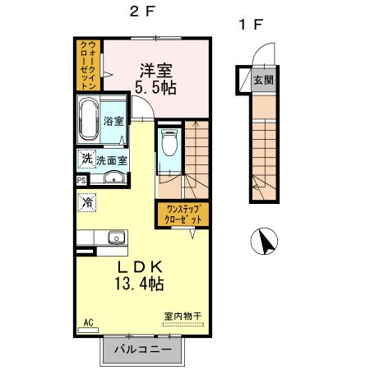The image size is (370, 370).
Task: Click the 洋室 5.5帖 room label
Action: click(x=155, y=79)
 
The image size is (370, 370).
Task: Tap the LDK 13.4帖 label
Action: click(x=139, y=275)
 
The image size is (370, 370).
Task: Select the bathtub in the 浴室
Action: click(x=88, y=119)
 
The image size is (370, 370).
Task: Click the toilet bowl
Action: click(x=169, y=143)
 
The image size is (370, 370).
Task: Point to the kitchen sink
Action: click(x=117, y=238)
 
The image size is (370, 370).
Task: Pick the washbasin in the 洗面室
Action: click(x=114, y=177)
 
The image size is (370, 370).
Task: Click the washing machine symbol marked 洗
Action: click(x=87, y=159)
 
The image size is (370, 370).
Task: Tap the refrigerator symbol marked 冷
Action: click(x=87, y=202)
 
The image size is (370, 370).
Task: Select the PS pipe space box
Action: click(x=81, y=181)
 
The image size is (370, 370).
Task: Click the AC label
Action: click(x=89, y=322)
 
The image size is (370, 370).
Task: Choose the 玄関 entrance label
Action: click(x=263, y=81)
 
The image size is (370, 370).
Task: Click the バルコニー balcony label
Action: click(x=142, y=349)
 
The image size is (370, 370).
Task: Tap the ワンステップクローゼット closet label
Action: click(x=183, y=215)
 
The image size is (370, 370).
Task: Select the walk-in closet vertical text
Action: click(x=88, y=65)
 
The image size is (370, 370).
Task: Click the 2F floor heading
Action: click(x=142, y=12)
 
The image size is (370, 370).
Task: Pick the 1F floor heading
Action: click(x=251, y=25)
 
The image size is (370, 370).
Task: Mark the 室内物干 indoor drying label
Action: click(x=183, y=317)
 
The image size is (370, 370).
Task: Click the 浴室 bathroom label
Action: click(x=113, y=121)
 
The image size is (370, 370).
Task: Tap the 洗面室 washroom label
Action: click(x=112, y=161)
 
